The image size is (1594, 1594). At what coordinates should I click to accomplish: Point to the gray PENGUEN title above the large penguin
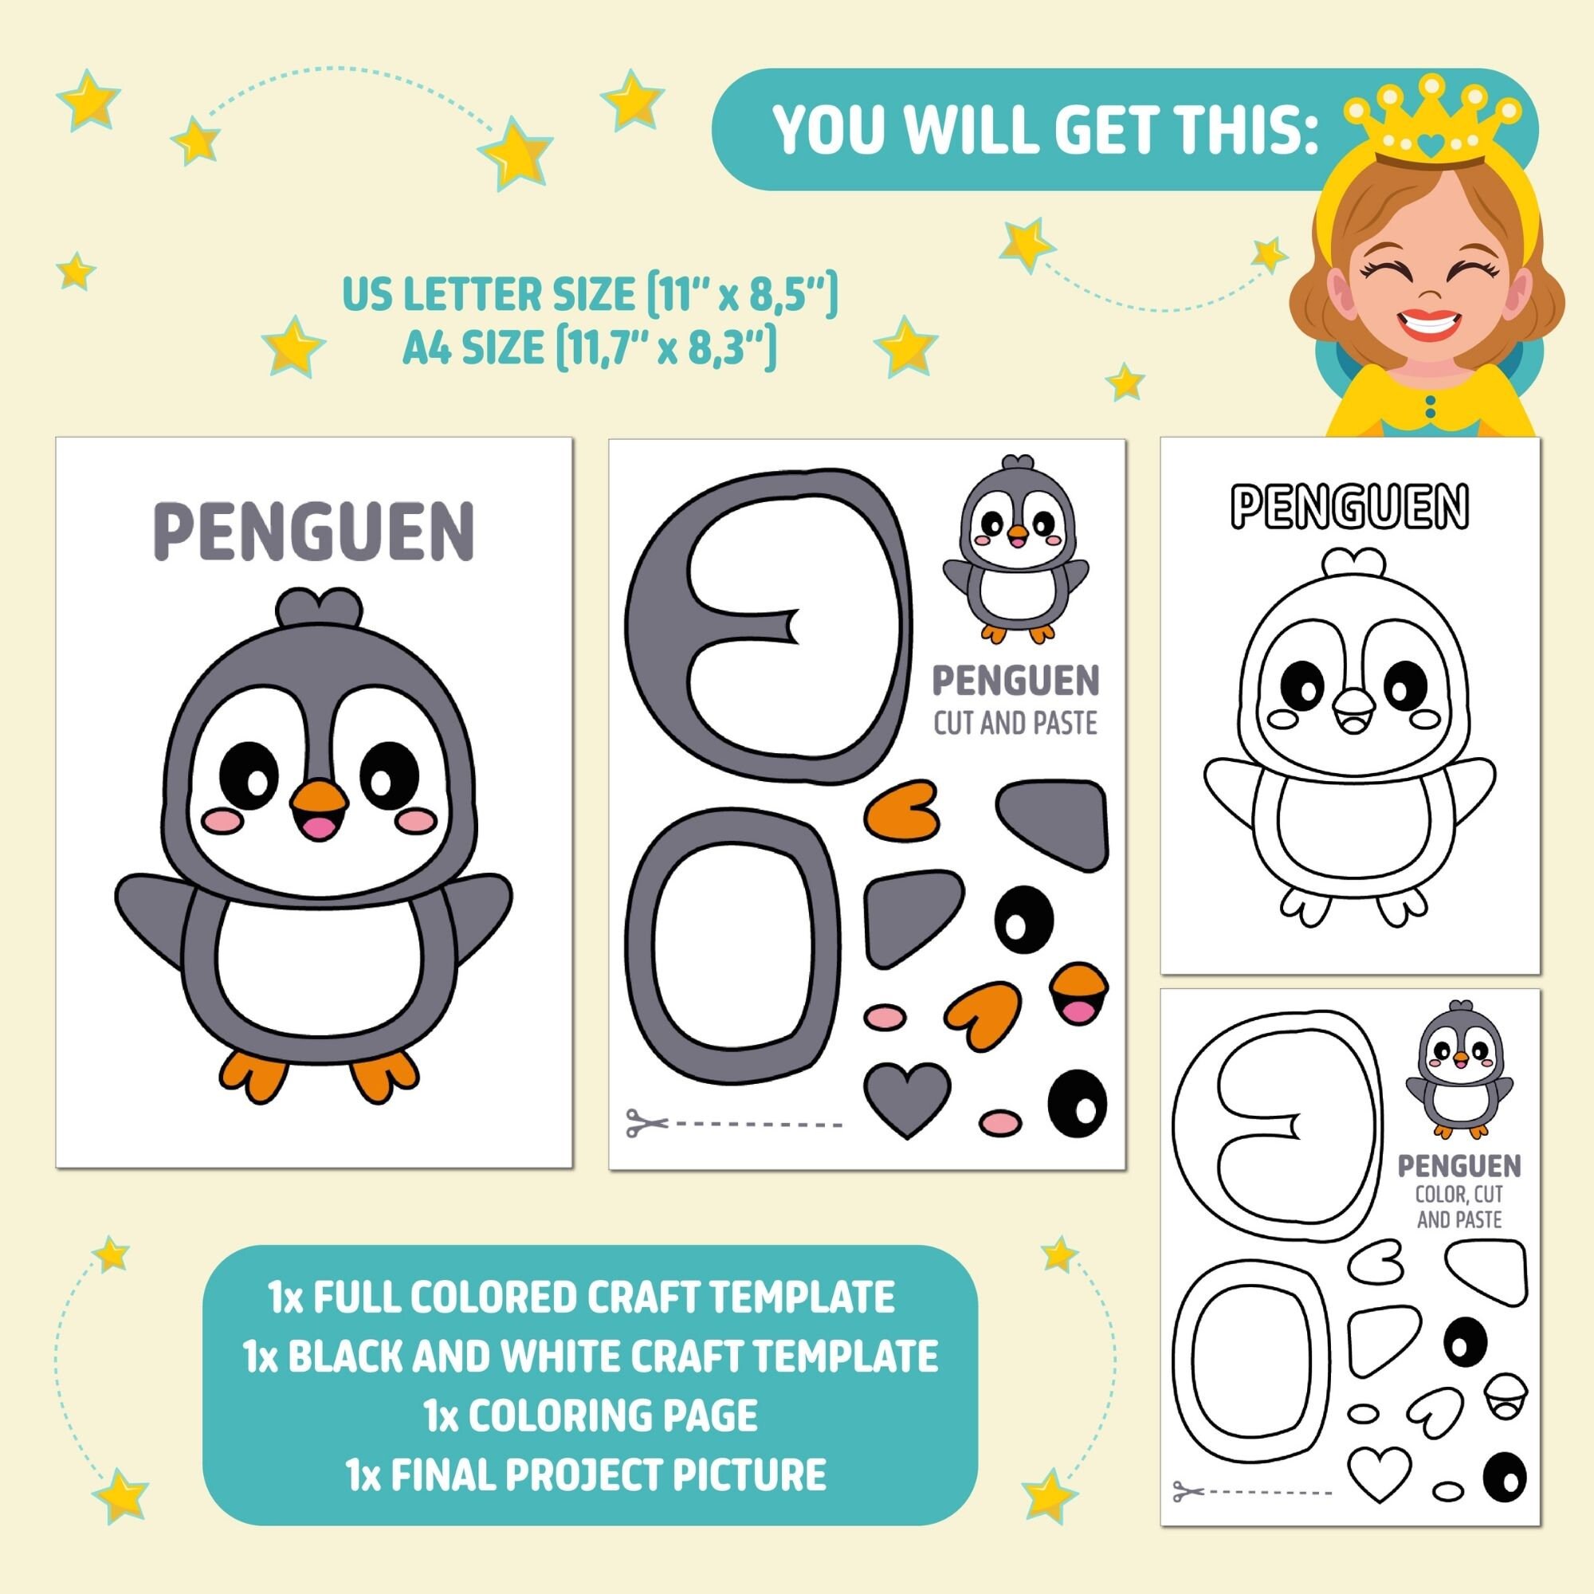point(314,532)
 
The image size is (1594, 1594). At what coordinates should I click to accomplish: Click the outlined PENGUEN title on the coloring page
point(1350,506)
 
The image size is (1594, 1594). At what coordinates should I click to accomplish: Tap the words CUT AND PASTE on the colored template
point(1015,724)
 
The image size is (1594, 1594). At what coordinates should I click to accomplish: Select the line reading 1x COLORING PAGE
point(591,1415)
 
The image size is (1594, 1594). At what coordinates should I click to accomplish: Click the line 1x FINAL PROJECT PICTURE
point(587,1474)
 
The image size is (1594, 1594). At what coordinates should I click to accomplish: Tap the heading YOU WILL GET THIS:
point(1045,130)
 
